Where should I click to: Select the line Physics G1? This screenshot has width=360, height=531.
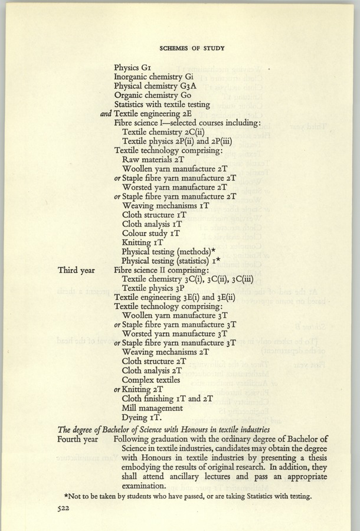[133, 67]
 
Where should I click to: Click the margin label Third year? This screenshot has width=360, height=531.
[77, 270]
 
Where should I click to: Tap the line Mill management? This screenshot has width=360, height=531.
[152, 407]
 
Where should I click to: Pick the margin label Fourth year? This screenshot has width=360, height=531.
[78, 439]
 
